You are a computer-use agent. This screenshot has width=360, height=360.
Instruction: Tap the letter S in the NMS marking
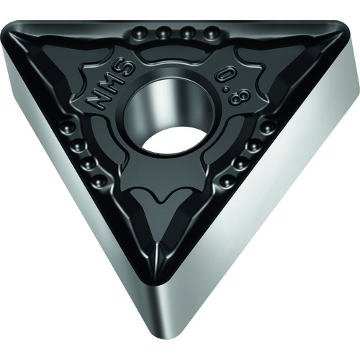pyautogui.click(x=127, y=68)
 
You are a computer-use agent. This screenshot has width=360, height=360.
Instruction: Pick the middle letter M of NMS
pyautogui.click(x=111, y=84)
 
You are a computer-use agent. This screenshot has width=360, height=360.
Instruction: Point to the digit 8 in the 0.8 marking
pyautogui.click(x=236, y=98)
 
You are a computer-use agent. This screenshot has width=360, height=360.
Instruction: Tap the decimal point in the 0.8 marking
pyautogui.click(x=225, y=89)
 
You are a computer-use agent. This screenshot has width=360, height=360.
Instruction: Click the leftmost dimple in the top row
pyautogui.click(x=140, y=34)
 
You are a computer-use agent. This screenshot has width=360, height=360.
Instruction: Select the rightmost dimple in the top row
pyautogui.click(x=211, y=34)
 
